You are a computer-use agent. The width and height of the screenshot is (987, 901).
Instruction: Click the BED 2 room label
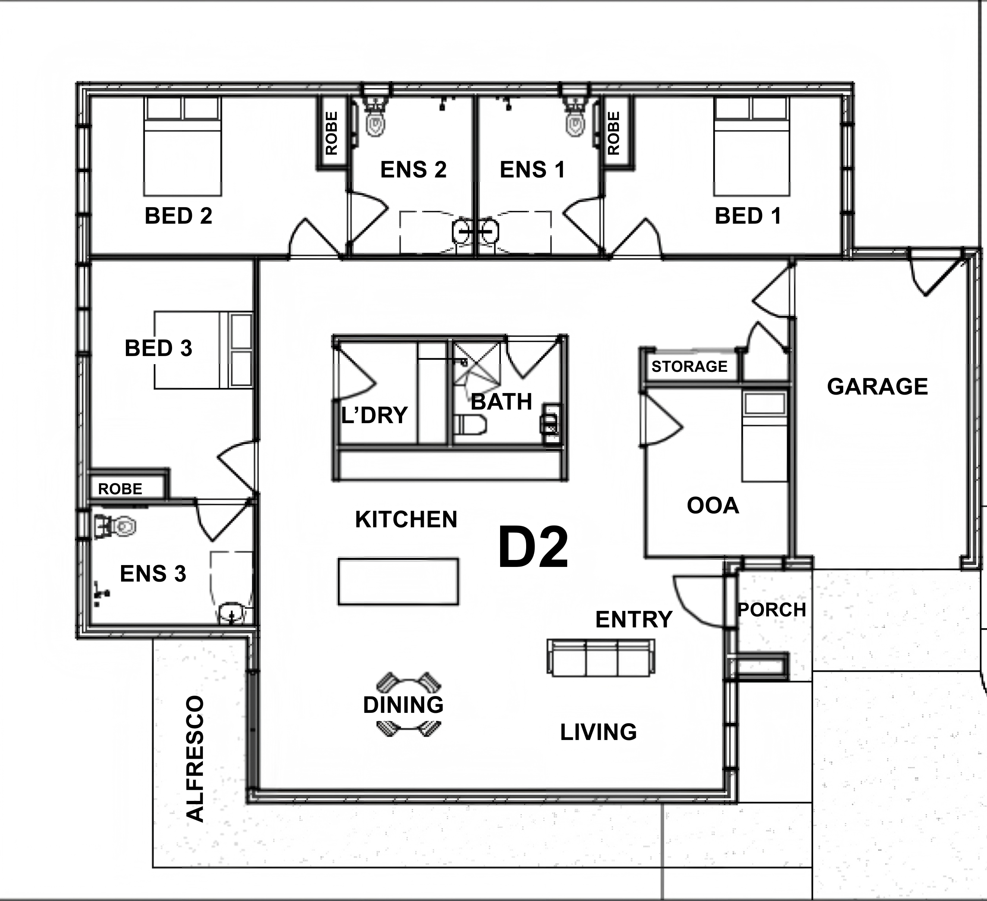point(178,216)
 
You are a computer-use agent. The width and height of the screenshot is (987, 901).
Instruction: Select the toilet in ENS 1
point(576,119)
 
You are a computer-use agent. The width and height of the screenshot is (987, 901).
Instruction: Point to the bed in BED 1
point(751,146)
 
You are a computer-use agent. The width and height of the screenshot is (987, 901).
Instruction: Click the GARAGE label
point(877,387)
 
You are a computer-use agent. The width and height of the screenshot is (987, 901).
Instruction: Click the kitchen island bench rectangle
point(398,582)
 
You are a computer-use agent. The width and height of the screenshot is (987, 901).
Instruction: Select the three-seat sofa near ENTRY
point(601,658)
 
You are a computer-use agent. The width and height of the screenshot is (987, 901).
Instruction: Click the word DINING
point(403,705)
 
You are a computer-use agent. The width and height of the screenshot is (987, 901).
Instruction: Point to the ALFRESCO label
point(195,758)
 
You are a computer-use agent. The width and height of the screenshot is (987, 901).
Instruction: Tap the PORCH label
point(772,610)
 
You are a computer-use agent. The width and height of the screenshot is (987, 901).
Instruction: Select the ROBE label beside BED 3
point(120,489)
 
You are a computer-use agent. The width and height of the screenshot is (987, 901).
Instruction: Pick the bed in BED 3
point(203,350)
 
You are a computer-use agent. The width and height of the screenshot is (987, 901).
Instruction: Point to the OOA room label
point(713,506)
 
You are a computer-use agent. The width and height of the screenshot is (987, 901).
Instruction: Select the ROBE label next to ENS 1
point(613,133)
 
